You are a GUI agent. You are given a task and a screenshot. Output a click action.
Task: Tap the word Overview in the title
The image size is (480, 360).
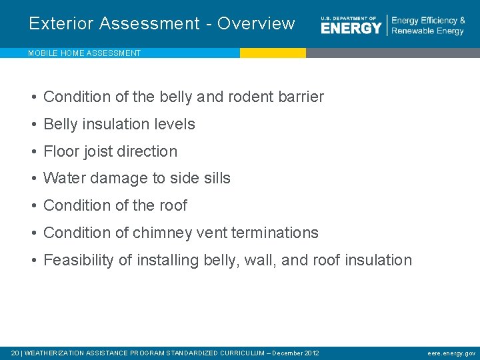point(256,23)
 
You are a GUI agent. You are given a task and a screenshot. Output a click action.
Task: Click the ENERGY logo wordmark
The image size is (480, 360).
point(351,27)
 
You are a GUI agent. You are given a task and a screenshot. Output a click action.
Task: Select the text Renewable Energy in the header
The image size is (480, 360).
point(427,31)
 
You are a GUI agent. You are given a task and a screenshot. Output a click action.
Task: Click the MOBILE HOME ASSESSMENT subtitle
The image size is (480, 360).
point(84,53)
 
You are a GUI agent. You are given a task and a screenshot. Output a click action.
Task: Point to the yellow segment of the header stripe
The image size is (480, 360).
point(273,53)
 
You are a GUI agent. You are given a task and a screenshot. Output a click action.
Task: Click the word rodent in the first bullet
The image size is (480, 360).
point(251,97)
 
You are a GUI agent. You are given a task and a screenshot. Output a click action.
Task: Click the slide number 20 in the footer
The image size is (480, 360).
point(15,353)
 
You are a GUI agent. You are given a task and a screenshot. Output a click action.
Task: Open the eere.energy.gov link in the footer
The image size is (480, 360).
point(451,353)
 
